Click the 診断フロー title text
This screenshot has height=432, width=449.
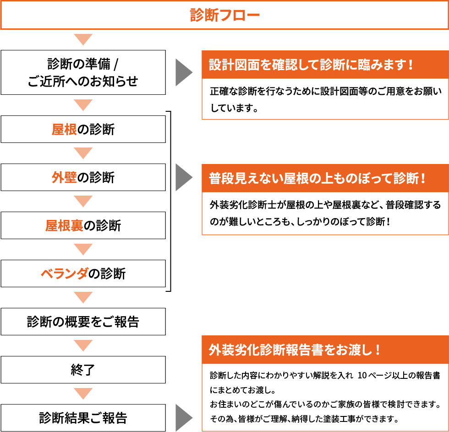click(224, 15)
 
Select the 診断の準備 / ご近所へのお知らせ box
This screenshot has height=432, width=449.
click(83, 72)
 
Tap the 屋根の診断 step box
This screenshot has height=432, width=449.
click(83, 129)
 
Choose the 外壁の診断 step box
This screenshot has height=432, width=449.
click(83, 177)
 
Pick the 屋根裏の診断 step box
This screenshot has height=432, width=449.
click(83, 225)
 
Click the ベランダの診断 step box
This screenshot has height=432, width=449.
click(83, 273)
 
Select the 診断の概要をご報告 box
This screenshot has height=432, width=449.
click(83, 322)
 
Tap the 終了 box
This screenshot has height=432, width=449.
click(83, 370)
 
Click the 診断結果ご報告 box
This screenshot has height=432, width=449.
click(83, 418)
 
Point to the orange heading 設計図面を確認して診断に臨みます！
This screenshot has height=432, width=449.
click(312, 65)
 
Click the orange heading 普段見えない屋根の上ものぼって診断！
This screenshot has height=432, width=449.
click(318, 178)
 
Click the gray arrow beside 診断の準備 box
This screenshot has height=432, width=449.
click(184, 72)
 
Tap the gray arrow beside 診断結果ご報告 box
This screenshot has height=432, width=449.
click(184, 418)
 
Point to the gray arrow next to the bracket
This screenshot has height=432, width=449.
click(184, 177)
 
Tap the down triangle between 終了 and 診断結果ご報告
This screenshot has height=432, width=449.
click(83, 394)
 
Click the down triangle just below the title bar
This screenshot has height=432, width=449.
click(83, 39)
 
